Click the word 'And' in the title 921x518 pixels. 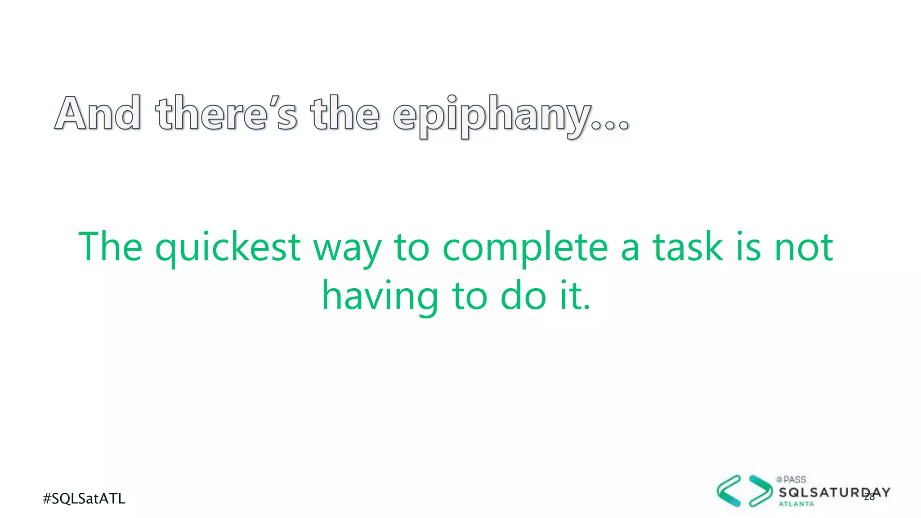(98, 113)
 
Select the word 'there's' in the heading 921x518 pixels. (226, 113)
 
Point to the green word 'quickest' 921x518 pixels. (228, 248)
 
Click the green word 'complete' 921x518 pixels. (525, 248)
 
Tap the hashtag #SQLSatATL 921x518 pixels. (84, 499)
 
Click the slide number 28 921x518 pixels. (869, 496)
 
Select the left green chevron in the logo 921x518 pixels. (729, 491)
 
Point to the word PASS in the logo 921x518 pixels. (794, 480)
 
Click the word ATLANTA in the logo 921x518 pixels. (796, 504)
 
